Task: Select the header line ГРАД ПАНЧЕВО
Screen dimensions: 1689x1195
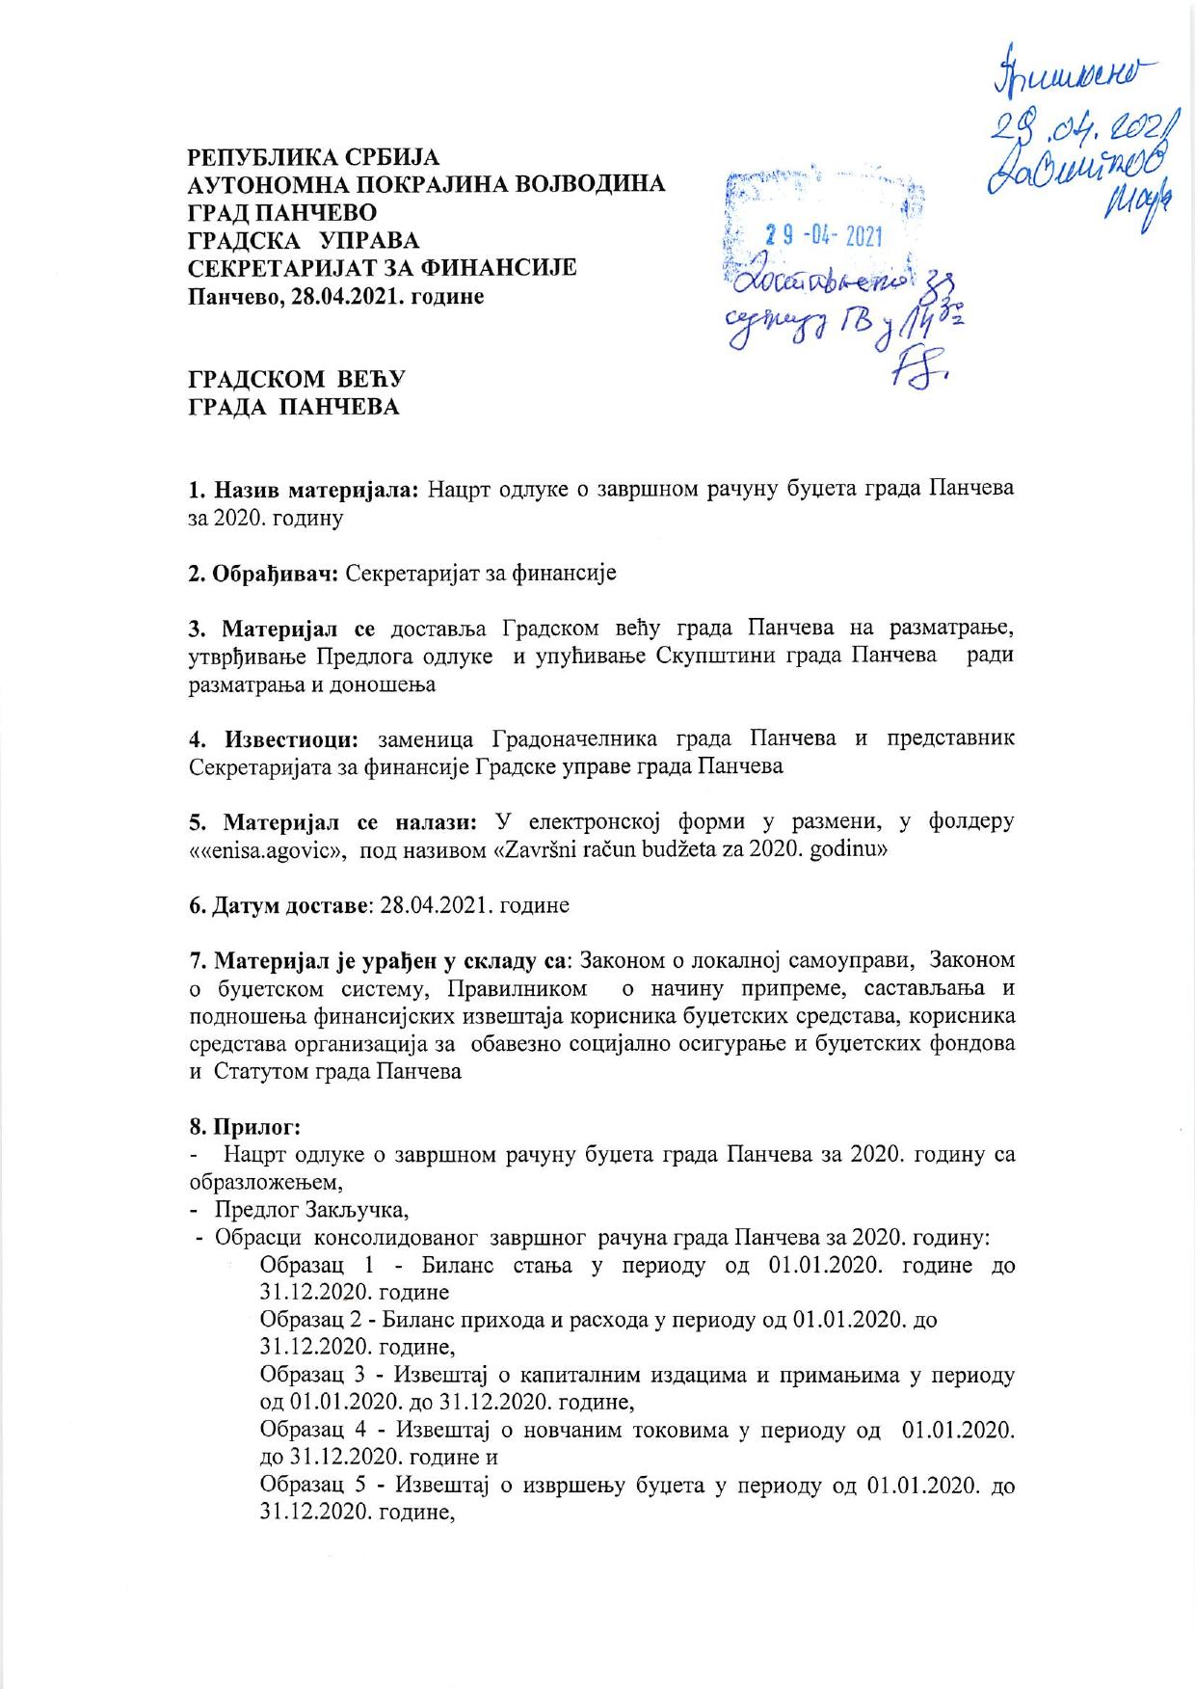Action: tap(281, 211)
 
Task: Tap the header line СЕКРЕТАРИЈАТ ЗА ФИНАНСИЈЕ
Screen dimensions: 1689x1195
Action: tap(382, 267)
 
